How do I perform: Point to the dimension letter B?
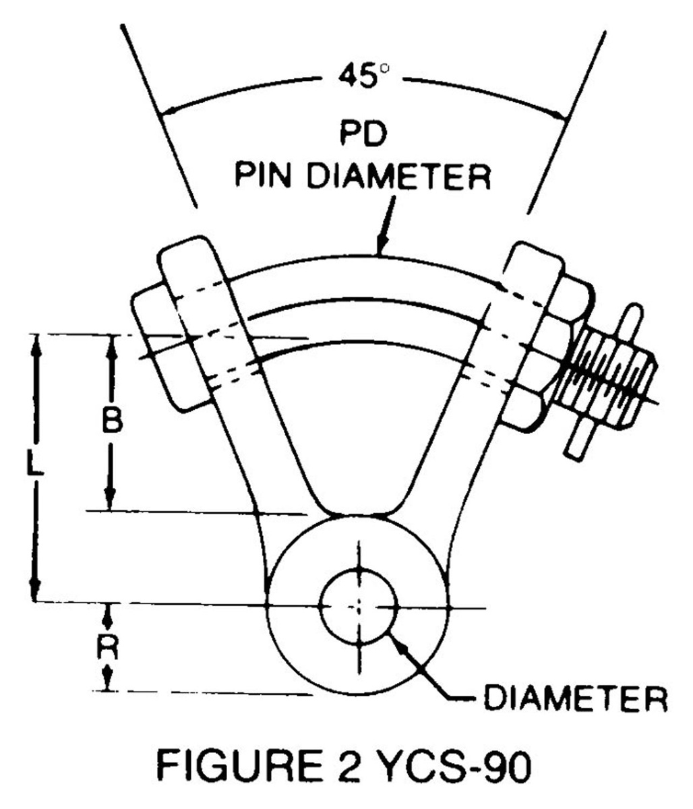pyautogui.click(x=112, y=421)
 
